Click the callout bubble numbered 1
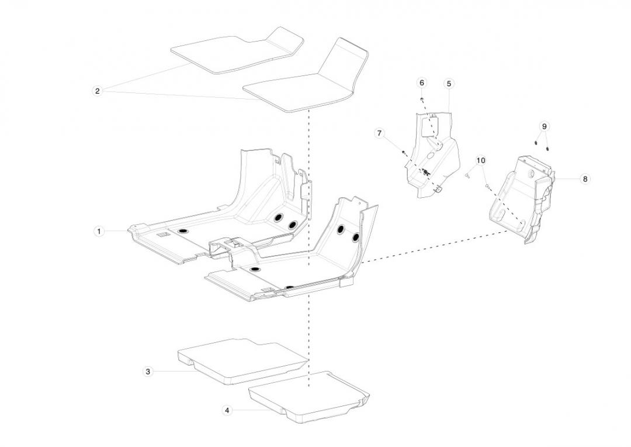pyautogui.click(x=99, y=232)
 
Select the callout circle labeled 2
pyautogui.click(x=97, y=91)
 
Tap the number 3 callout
pyautogui.click(x=148, y=372)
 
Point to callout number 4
pyautogui.click(x=227, y=411)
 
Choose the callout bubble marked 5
pyautogui.click(x=449, y=84)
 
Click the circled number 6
pyautogui.click(x=422, y=83)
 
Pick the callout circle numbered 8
pyautogui.click(x=585, y=179)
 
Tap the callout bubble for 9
pyautogui.click(x=544, y=126)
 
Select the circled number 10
pyautogui.click(x=480, y=160)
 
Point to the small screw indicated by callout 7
pyautogui.click(x=403, y=152)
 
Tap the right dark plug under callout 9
pyautogui.click(x=547, y=147)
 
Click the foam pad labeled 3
pyautogui.click(x=240, y=360)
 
